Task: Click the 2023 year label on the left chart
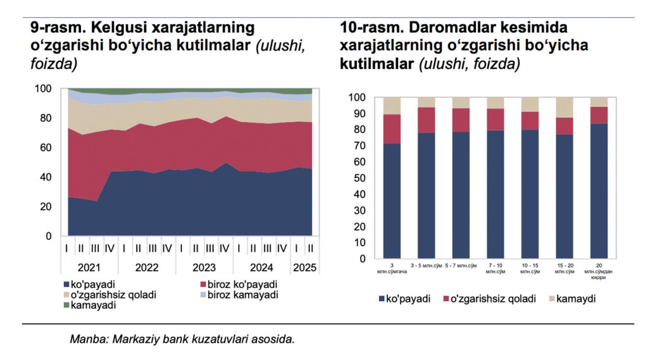click(204, 267)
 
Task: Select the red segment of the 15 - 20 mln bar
click(564, 126)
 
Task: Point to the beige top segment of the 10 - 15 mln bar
click(529, 104)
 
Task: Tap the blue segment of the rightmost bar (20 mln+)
click(599, 190)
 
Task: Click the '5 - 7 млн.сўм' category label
click(461, 266)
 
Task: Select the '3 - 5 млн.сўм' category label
click(427, 266)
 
